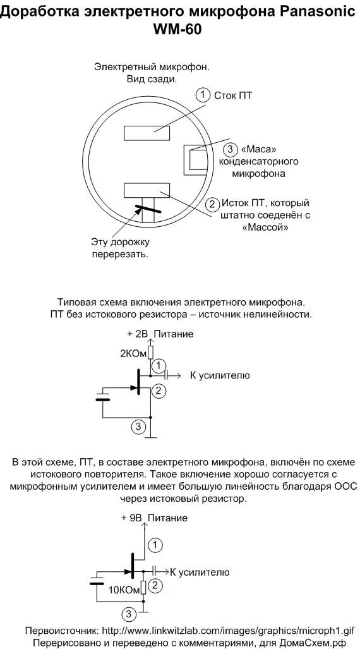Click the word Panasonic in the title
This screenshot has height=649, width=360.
(313, 13)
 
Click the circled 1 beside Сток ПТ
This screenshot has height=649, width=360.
(203, 95)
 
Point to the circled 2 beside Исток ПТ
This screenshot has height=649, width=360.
(213, 204)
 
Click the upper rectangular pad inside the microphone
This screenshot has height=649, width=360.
(147, 133)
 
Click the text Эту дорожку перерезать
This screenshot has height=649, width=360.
(120, 248)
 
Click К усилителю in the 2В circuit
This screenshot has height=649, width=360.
(220, 375)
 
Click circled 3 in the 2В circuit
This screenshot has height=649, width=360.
(138, 426)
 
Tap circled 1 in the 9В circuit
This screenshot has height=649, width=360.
(155, 544)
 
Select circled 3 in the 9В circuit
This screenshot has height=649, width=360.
(129, 614)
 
